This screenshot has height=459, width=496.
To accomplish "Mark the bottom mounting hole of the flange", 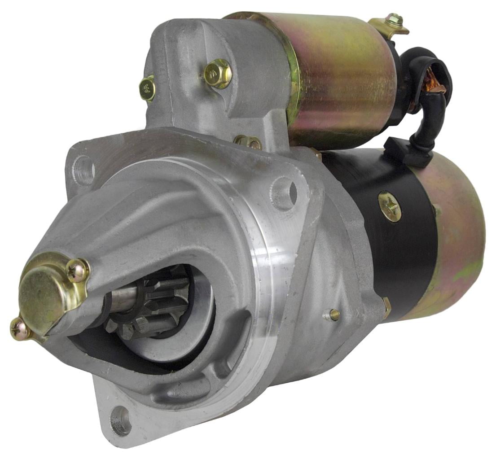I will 120,420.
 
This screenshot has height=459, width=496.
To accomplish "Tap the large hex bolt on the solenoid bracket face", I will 217,74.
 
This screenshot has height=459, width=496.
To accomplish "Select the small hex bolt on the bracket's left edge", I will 147,89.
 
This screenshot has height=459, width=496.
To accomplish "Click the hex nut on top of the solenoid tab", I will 395,20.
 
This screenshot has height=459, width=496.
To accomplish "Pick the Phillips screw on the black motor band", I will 389,206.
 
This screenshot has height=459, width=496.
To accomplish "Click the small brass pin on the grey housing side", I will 334,315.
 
